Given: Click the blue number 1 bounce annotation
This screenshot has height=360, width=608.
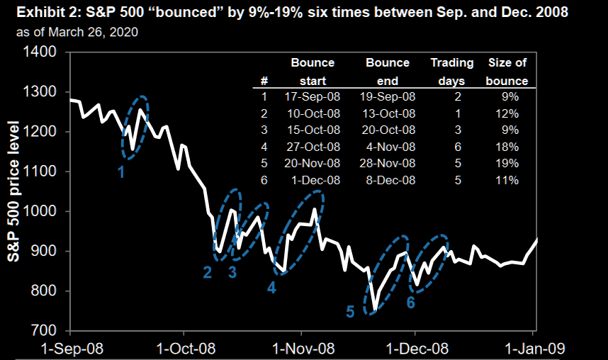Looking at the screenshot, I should pos(121,171).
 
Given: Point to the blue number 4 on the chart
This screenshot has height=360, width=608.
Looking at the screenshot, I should pos(271,287).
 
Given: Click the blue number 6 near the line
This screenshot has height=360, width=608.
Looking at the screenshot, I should pos(410,303).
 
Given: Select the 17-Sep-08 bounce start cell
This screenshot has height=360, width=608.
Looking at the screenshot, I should pos(313,96).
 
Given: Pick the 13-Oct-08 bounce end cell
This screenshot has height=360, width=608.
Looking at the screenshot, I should pos(388,113).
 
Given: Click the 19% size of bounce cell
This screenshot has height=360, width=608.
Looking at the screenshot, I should pos(508,164).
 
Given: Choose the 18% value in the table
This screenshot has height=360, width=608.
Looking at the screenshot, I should pos(508,147).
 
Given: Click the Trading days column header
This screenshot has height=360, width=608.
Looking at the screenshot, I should pos(452,72).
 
